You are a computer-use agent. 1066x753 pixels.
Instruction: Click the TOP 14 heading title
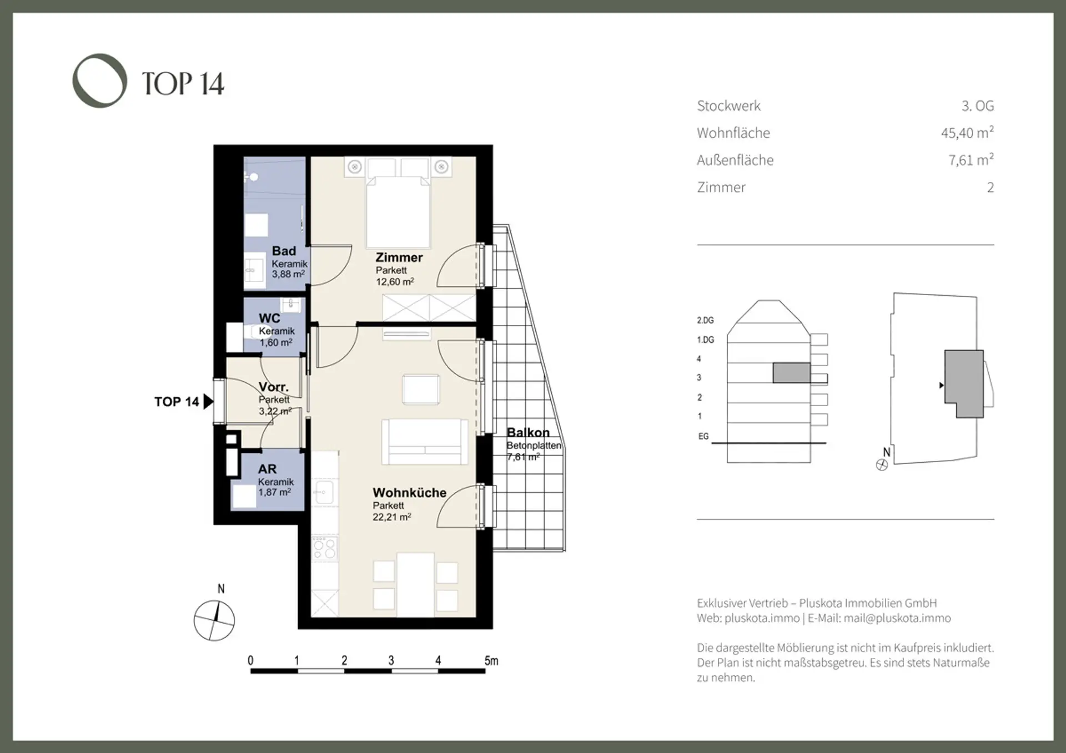pyautogui.click(x=183, y=84)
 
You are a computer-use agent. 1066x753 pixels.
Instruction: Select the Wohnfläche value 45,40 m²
pyautogui.click(x=967, y=133)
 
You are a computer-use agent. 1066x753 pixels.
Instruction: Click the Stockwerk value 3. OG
pyautogui.click(x=978, y=105)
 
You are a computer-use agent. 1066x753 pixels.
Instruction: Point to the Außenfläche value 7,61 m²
pyautogui.click(x=971, y=160)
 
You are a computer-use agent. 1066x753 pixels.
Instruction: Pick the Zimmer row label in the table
pyautogui.click(x=721, y=188)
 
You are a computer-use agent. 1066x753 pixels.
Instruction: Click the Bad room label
pyautogui.click(x=284, y=251)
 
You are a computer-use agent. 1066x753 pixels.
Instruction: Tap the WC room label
pyautogui.click(x=269, y=318)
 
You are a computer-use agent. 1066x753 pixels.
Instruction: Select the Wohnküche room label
pyautogui.click(x=409, y=493)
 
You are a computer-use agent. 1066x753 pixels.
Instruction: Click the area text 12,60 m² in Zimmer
pyautogui.click(x=395, y=281)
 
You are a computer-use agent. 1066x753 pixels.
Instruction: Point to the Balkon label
pyautogui.click(x=528, y=432)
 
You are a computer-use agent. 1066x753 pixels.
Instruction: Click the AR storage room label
pyautogui.click(x=267, y=469)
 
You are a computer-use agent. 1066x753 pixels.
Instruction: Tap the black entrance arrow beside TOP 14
pyautogui.click(x=208, y=401)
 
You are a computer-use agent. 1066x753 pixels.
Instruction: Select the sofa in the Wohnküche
pyautogui.click(x=425, y=442)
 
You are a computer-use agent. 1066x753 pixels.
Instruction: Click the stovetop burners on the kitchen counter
pyautogui.click(x=324, y=548)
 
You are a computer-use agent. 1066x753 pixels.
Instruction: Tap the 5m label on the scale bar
pyautogui.click(x=491, y=661)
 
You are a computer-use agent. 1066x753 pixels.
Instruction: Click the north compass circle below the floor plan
pyautogui.click(x=214, y=620)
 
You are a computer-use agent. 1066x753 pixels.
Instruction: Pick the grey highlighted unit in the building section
pyautogui.click(x=791, y=373)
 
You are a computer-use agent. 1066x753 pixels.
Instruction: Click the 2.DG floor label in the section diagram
pyautogui.click(x=705, y=320)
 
